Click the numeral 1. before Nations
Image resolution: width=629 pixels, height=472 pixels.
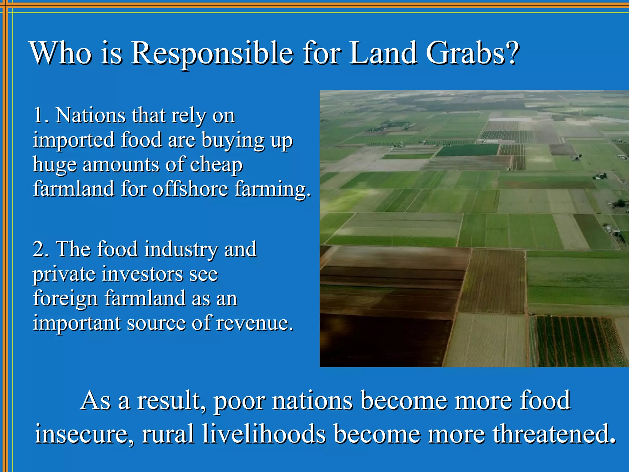coord(41,115)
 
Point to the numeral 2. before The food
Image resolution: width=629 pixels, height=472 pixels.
coord(41,249)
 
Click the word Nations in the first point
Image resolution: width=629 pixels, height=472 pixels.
coord(90,115)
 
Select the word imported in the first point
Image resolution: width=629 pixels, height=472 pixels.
coord(74,140)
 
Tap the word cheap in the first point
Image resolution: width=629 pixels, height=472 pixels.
coord(216,165)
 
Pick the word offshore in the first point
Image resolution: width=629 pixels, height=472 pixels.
coord(190,189)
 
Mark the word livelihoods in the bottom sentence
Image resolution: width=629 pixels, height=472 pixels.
coord(264,434)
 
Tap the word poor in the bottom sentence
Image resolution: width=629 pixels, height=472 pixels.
coord(240,401)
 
